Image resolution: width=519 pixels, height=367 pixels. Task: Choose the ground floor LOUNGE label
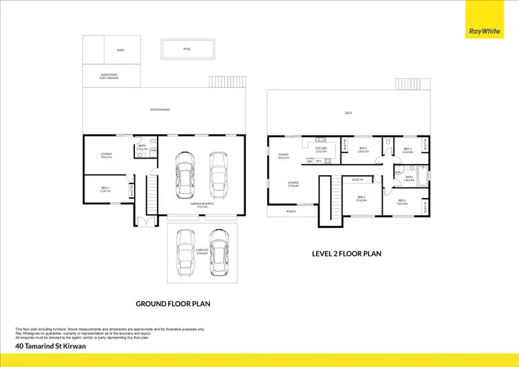[107, 155]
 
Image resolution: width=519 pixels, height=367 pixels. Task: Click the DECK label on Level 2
[348, 114]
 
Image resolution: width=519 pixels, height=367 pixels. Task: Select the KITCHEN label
[320, 149]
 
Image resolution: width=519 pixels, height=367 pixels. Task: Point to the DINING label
[283, 156]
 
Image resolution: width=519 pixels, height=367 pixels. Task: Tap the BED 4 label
[364, 150]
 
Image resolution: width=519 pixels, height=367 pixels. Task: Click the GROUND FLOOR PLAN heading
[173, 303]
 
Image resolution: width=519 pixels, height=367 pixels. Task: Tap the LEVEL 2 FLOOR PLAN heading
[345, 253]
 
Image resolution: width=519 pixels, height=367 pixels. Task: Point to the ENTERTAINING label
[161, 109]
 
